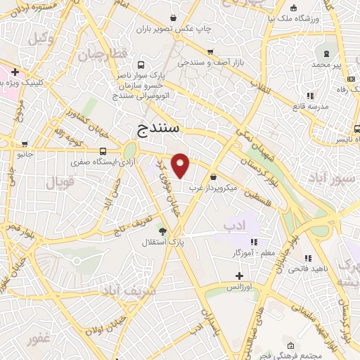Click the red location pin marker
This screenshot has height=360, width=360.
[x=181, y=165]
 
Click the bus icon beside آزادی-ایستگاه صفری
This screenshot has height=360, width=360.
[x=104, y=150]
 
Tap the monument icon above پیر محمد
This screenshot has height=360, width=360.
[x=326, y=53]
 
